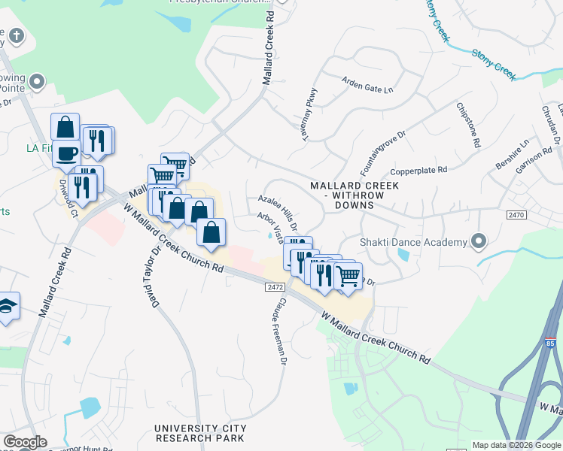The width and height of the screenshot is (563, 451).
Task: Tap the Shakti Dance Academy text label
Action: click(x=412, y=242)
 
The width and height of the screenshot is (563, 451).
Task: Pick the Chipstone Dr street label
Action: click(x=467, y=126)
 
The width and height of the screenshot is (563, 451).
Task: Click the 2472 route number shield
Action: click(x=275, y=287)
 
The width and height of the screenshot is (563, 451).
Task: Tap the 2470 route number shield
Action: click(x=515, y=215)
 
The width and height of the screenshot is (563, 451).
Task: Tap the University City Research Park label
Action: click(x=199, y=433)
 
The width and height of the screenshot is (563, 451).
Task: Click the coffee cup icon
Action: click(x=66, y=153)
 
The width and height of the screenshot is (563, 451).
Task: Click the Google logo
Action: click(x=25, y=441)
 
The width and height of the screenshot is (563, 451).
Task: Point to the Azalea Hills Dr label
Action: click(x=278, y=211)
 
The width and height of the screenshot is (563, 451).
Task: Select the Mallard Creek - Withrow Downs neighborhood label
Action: click(x=348, y=195)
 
